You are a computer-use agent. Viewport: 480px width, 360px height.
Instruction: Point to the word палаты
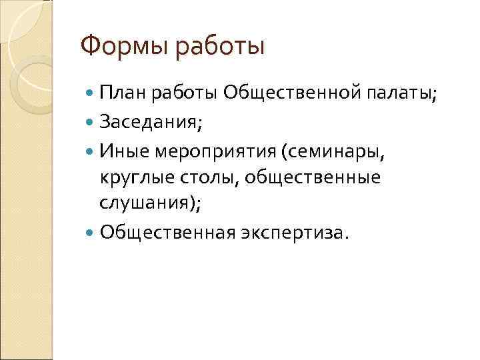tap(402, 93)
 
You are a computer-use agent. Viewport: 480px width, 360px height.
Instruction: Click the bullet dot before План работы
tap(91, 93)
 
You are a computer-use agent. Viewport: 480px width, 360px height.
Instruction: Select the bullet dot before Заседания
tap(91, 122)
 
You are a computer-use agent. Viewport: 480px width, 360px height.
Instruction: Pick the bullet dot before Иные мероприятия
tap(91, 151)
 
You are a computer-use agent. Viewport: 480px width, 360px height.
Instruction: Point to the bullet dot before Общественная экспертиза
tap(91, 233)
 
